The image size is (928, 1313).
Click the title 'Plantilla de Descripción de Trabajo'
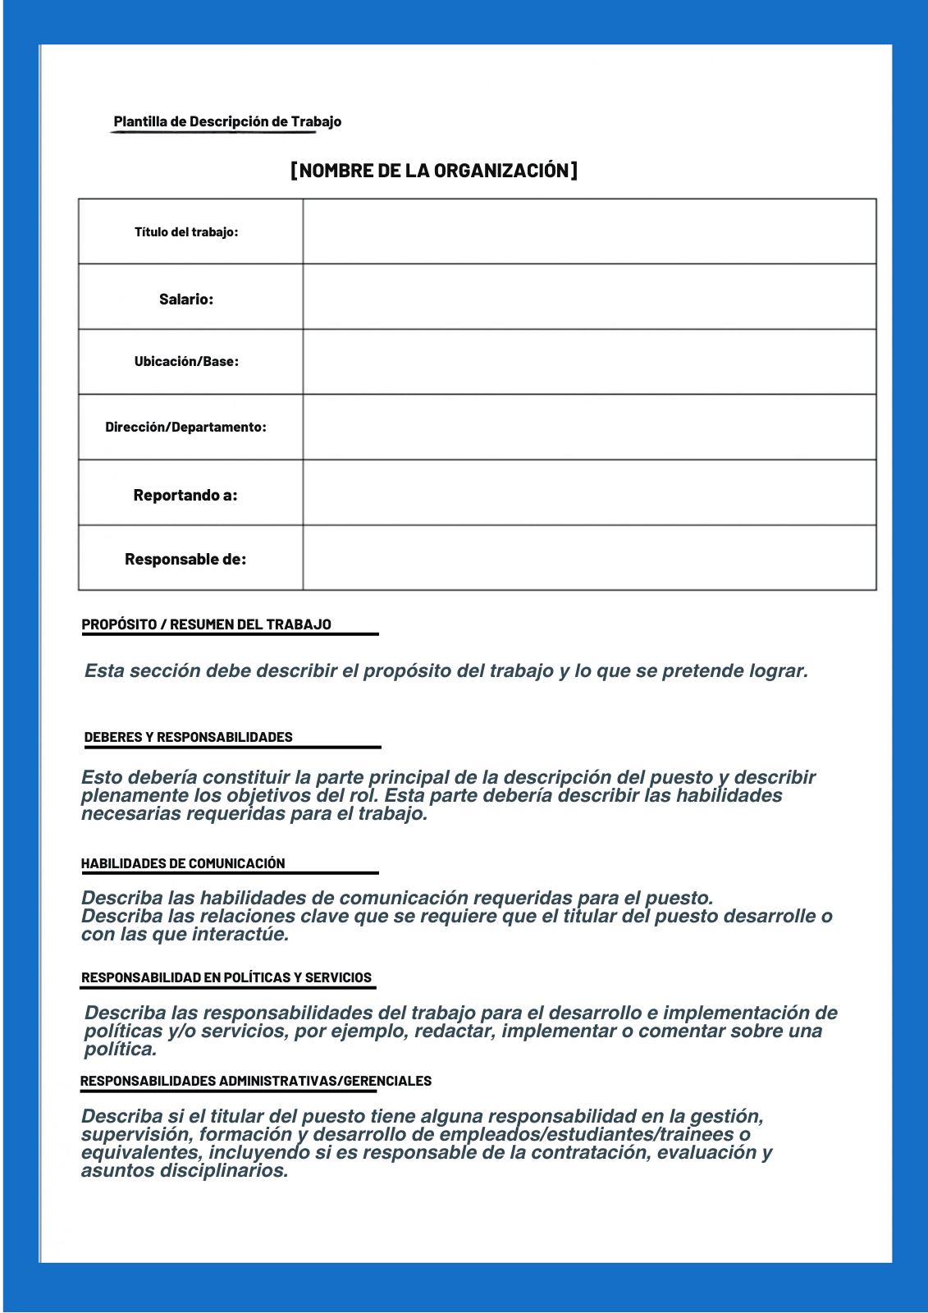pyautogui.click(x=227, y=121)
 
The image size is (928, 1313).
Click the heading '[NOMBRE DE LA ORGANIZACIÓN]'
pyautogui.click(x=434, y=171)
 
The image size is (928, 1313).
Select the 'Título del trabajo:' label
pyautogui.click(x=186, y=232)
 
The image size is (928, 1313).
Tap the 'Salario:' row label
pyautogui.click(x=186, y=300)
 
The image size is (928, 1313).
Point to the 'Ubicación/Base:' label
pyautogui.click(x=186, y=362)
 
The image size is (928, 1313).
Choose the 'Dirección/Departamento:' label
pyautogui.click(x=185, y=428)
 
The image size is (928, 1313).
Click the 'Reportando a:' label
pyautogui.click(x=185, y=496)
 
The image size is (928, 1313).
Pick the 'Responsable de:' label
pyautogui.click(x=185, y=560)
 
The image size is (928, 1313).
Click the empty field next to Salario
pyautogui.click(x=589, y=297)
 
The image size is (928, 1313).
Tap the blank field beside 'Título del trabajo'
pyautogui.click(x=589, y=231)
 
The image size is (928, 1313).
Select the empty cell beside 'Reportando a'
pyautogui.click(x=589, y=492)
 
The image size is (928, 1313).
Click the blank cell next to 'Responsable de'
pyautogui.click(x=589, y=558)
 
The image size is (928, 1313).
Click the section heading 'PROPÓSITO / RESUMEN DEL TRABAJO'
pyautogui.click(x=206, y=624)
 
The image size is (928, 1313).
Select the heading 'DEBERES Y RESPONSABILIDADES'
pyautogui.click(x=188, y=737)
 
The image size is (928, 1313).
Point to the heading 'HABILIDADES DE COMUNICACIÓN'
pyautogui.click(x=183, y=863)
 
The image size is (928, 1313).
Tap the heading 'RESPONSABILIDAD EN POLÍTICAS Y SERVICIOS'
pyautogui.click(x=226, y=977)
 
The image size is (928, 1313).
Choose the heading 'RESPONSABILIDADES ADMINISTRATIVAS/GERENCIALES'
pyautogui.click(x=256, y=1081)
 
